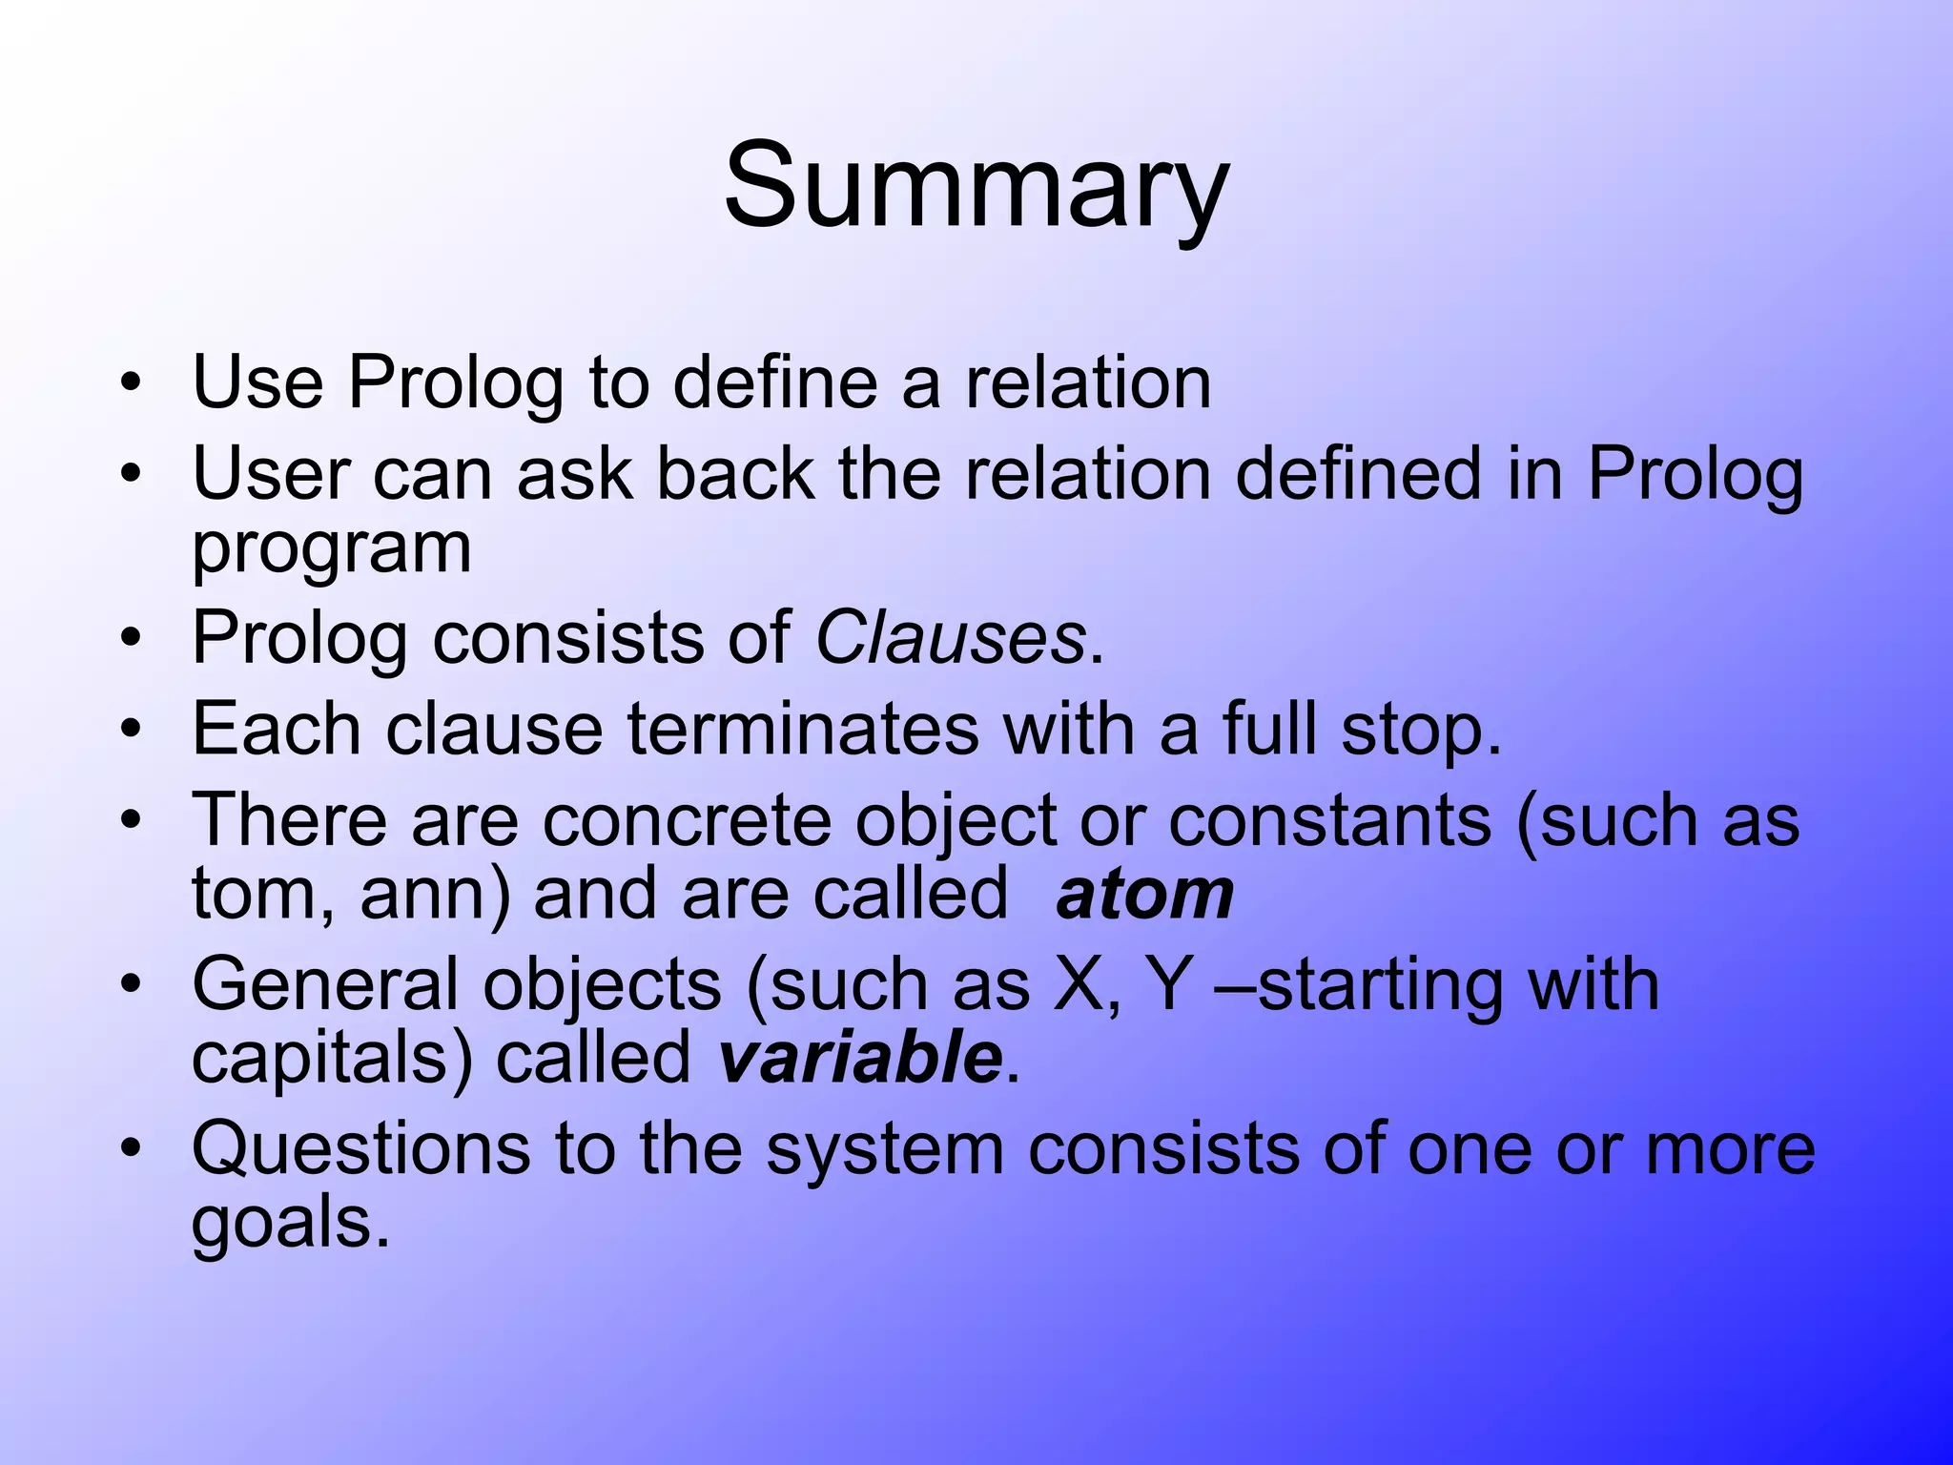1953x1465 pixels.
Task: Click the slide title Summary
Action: click(976, 185)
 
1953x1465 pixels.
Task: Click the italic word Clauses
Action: click(950, 637)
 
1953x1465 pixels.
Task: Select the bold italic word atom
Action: click(1144, 895)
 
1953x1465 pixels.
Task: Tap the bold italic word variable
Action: click(859, 1059)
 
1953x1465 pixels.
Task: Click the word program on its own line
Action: click(331, 551)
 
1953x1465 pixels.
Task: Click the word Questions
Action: click(360, 1149)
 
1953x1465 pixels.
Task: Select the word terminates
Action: click(802, 730)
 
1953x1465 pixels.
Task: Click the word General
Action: click(325, 984)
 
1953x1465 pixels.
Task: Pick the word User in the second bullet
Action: click(271, 474)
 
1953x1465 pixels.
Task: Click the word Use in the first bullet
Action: click(257, 382)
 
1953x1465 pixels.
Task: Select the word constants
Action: click(1329, 820)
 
